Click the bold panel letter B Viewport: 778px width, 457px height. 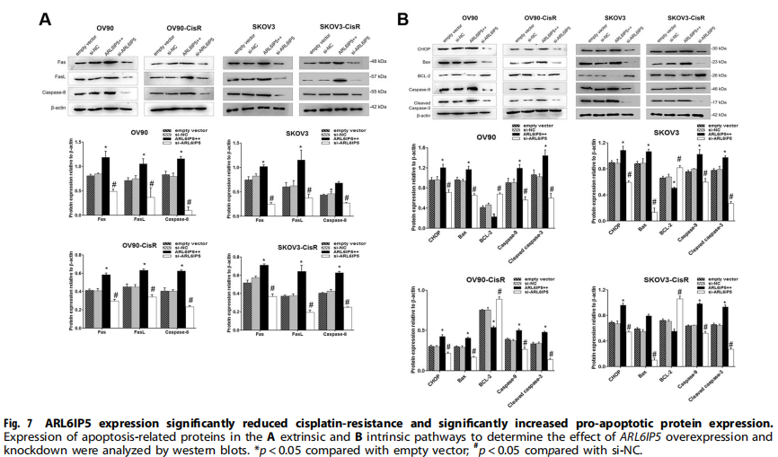point(405,16)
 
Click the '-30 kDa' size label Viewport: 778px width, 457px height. point(745,48)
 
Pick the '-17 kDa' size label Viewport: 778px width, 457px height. point(745,101)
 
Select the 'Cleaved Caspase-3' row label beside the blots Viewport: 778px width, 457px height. point(421,104)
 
